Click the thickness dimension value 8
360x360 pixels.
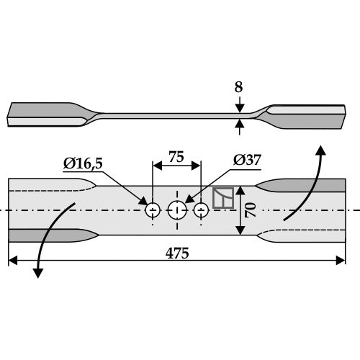pyautogui.click(x=238, y=87)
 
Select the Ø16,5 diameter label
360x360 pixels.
pyautogui.click(x=83, y=163)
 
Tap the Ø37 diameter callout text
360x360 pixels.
pyautogui.click(x=247, y=160)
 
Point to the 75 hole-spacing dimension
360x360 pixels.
pyautogui.click(x=176, y=157)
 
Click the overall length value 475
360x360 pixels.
pyautogui.click(x=177, y=253)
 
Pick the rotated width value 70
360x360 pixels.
pyautogui.click(x=250, y=210)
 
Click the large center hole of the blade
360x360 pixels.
pyautogui.click(x=177, y=210)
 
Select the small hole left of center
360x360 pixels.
pyautogui.click(x=153, y=210)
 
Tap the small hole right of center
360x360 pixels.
pyautogui.click(x=201, y=210)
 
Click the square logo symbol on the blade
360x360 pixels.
pyautogui.click(x=223, y=198)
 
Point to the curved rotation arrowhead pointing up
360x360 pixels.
pyautogui.click(x=320, y=150)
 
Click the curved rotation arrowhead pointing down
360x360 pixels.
pyautogui.click(x=38, y=273)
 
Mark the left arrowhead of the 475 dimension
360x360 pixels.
pyautogui.click(x=13, y=261)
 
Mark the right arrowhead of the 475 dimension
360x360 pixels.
pyautogui.click(x=341, y=261)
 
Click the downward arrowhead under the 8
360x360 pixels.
pyautogui.click(x=240, y=108)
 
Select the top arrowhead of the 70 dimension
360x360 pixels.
pyautogui.click(x=240, y=190)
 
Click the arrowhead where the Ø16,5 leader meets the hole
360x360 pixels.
pyautogui.click(x=144, y=201)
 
